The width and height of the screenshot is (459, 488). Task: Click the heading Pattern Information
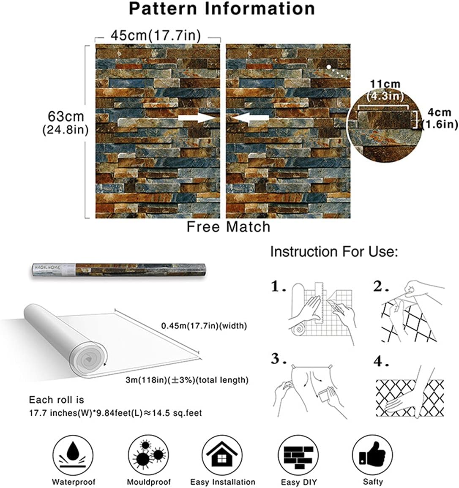(x=222, y=8)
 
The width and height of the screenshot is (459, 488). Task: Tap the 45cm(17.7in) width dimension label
(x=156, y=35)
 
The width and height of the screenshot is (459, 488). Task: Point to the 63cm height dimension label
(x=66, y=123)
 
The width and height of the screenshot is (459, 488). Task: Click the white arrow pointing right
(x=197, y=117)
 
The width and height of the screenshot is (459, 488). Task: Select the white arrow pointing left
(x=250, y=118)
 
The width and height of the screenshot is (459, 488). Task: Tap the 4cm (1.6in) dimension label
(x=439, y=118)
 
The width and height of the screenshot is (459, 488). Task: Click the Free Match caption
(x=228, y=226)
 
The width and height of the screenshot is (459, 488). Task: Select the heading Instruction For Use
(x=334, y=251)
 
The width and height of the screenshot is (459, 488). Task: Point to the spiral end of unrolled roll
(x=88, y=360)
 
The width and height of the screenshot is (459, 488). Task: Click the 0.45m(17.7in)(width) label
(x=204, y=326)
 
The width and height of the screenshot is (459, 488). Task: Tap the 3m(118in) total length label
(x=187, y=380)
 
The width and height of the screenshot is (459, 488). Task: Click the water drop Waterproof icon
(x=73, y=455)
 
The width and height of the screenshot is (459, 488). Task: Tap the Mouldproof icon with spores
(x=148, y=455)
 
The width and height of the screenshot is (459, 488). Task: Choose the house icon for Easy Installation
(x=222, y=455)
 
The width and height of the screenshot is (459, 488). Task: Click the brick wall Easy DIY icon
(x=298, y=455)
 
